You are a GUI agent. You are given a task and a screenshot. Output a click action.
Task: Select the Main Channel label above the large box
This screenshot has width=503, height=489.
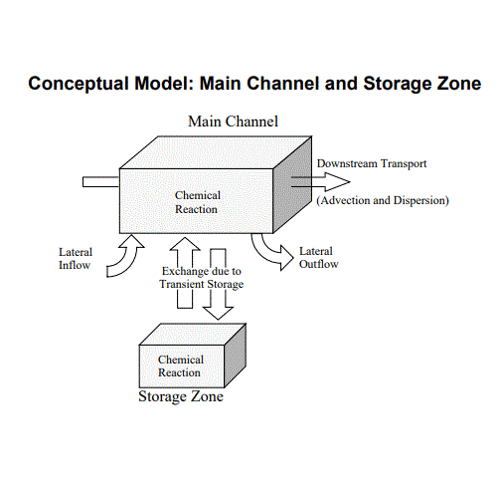[x=233, y=122]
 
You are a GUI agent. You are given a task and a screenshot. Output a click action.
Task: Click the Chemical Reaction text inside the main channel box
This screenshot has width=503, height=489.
[x=197, y=202]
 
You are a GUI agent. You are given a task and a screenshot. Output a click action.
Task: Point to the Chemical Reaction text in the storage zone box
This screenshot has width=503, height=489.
[x=180, y=366]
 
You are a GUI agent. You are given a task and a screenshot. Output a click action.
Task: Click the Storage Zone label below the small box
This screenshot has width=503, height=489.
[x=180, y=397]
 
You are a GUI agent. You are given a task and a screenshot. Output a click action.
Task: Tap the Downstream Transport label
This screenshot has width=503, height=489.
[x=372, y=163]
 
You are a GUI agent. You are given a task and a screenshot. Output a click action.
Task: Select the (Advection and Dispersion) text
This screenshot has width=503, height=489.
[x=383, y=200]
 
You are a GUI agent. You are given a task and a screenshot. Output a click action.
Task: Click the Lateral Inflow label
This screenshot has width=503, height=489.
[x=76, y=259]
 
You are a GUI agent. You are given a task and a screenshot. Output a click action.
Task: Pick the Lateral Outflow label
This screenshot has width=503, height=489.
[x=319, y=258]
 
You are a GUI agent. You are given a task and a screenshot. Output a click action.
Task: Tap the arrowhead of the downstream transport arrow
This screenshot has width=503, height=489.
[x=340, y=181]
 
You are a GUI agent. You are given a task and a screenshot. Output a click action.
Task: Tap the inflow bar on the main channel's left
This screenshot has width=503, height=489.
[x=100, y=181]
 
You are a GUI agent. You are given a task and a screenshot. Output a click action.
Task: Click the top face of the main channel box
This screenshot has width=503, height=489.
[x=214, y=150]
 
